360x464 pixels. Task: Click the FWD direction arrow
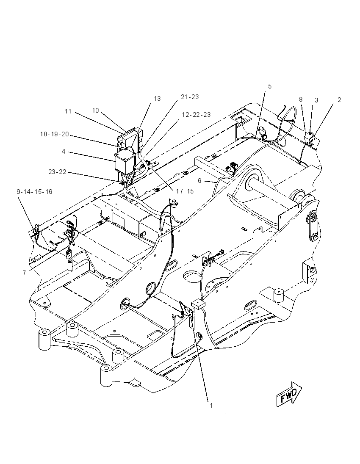[289, 394]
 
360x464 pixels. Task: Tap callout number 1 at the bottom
[211, 406]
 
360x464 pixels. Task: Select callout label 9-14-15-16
[34, 192]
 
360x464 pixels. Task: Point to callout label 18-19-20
[55, 134]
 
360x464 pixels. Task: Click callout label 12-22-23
[196, 115]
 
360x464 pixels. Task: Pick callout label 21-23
[190, 97]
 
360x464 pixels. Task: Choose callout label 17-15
[185, 191]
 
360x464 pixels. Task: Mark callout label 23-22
[58, 172]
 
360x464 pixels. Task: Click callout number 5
[270, 86]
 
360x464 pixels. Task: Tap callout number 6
[199, 180]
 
